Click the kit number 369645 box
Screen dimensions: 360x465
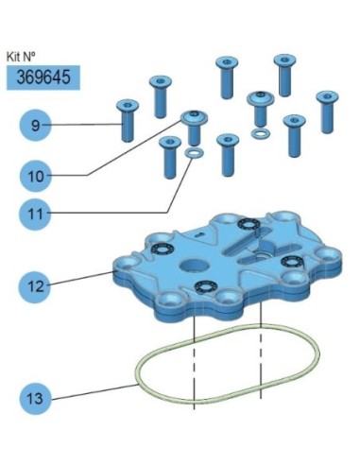[43, 77]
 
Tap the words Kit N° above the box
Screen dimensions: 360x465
[21, 57]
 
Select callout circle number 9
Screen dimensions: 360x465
[36, 125]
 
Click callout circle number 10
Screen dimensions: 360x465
[36, 176]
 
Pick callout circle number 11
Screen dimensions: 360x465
[36, 214]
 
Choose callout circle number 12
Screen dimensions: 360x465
[36, 286]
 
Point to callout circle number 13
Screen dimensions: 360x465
[36, 399]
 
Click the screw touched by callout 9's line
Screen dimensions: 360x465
[128, 121]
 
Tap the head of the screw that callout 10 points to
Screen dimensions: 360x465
[194, 117]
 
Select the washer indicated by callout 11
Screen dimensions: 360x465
[194, 153]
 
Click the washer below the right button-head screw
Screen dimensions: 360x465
[261, 133]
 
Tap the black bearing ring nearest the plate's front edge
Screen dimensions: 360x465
[206, 286]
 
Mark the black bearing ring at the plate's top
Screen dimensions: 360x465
[249, 224]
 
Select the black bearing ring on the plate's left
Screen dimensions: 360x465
[163, 249]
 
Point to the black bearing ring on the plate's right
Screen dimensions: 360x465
[293, 261]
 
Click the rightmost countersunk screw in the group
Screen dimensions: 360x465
[327, 112]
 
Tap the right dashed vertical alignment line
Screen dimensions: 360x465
[261, 350]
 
